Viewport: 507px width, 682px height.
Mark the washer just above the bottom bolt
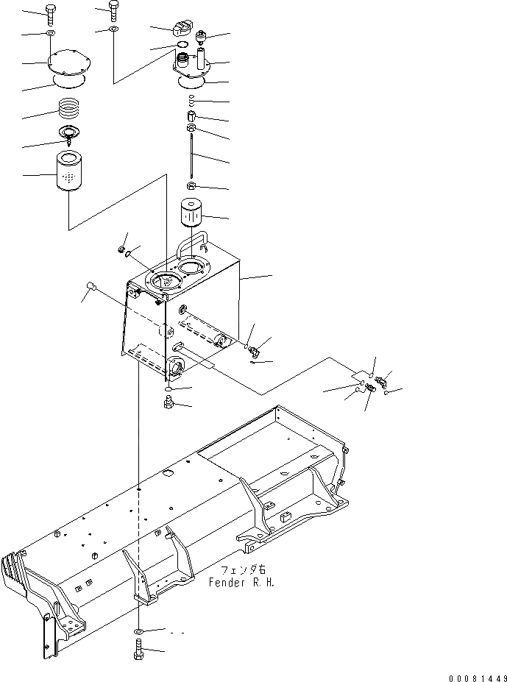(x=139, y=632)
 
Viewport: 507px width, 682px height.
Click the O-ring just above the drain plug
(x=169, y=389)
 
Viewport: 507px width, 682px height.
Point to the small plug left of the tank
(x=91, y=285)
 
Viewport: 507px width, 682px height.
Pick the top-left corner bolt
(x=50, y=13)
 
